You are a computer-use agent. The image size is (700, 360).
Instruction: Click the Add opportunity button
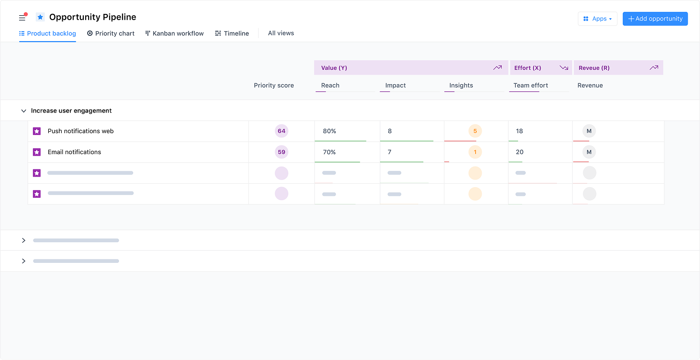point(655,19)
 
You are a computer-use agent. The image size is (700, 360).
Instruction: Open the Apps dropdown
point(598,19)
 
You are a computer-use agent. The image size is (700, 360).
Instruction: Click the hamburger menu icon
point(22,18)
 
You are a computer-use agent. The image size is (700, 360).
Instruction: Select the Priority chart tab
point(111,34)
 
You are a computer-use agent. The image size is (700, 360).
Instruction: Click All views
point(281,33)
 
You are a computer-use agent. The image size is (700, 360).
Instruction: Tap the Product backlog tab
point(47,34)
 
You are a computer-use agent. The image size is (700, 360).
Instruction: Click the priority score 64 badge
point(282,131)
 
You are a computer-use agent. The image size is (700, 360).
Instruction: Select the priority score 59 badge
point(282,152)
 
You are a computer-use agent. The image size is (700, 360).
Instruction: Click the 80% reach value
point(329,131)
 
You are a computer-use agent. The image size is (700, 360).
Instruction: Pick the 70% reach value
point(329,152)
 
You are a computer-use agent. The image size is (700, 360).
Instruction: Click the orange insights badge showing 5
point(475,131)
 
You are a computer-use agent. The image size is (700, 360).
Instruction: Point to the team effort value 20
point(519,152)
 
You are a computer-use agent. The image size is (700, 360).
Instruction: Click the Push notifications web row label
point(80,131)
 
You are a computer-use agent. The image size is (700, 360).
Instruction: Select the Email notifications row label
point(74,152)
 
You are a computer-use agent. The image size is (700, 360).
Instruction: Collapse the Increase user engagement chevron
point(23,111)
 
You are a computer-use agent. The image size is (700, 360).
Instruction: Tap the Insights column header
point(461,86)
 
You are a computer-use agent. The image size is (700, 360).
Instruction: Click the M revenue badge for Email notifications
point(589,152)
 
